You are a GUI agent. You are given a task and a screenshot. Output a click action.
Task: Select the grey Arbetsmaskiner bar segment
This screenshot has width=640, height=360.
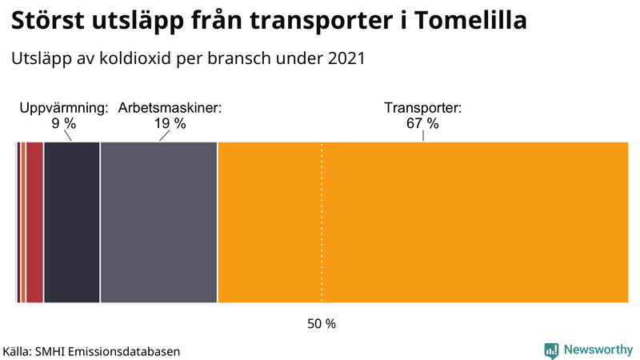(158, 222)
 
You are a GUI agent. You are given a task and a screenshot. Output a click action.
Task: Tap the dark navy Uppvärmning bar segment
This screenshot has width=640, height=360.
(71, 222)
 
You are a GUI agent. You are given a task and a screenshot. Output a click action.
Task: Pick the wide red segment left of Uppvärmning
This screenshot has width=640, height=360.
(34, 222)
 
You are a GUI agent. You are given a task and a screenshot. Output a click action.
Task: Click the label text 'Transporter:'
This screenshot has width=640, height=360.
(422, 108)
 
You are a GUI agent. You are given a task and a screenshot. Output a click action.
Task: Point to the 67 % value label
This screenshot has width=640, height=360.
(422, 123)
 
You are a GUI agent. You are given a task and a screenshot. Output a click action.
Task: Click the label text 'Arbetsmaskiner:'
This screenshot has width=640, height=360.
(170, 108)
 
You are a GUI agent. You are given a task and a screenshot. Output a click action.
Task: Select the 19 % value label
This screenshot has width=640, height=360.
(170, 123)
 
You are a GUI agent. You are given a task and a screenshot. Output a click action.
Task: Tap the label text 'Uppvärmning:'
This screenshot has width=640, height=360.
(63, 108)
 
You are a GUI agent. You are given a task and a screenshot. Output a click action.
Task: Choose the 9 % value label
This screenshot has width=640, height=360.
(63, 123)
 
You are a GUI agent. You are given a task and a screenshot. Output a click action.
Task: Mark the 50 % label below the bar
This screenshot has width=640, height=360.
(322, 324)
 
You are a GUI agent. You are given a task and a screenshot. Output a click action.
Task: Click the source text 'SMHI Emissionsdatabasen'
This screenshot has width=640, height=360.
(107, 350)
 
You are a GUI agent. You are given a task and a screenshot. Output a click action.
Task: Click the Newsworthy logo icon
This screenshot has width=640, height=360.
(551, 350)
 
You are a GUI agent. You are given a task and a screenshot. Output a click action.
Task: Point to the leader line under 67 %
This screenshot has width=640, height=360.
(422, 136)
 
